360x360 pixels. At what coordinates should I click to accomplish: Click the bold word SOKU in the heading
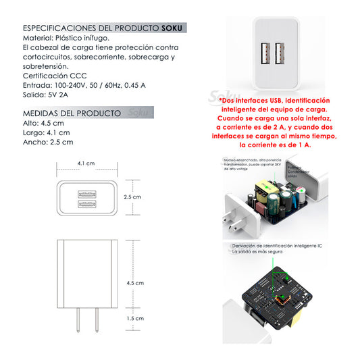coord(173,28)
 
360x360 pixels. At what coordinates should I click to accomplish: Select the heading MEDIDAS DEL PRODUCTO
coord(72,113)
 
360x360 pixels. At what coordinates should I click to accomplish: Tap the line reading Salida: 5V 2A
coord(48,95)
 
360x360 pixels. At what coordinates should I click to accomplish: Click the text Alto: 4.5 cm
coord(43,124)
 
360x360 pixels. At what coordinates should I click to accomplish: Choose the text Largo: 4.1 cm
coord(45,133)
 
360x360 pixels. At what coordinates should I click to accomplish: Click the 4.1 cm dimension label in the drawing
coord(86,163)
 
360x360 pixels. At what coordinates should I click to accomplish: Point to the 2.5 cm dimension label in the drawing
coord(132,197)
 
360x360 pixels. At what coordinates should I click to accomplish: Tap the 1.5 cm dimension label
coord(135,317)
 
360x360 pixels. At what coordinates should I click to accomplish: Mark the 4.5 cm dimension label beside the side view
coord(135,284)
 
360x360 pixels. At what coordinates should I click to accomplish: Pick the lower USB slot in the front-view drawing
coord(86,203)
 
